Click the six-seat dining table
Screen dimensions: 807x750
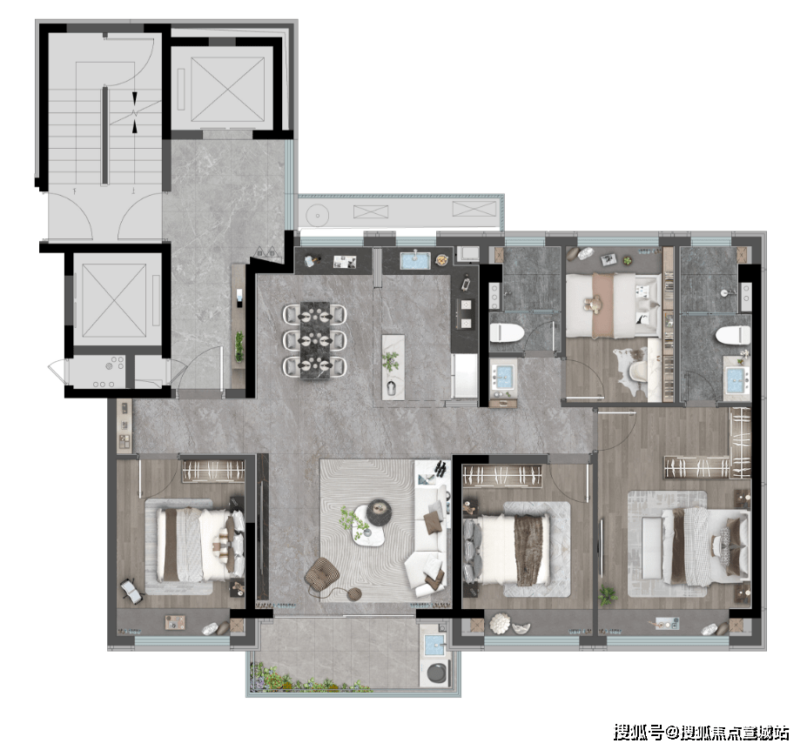[x=314, y=340]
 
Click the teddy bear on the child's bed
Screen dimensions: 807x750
[x=595, y=305]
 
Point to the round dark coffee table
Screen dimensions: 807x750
[x=379, y=512]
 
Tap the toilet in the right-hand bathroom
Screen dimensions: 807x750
[x=732, y=334]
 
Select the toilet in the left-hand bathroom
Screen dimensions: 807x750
[x=506, y=333]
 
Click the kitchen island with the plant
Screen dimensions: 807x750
[x=393, y=366]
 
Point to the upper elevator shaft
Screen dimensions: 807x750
[x=227, y=90]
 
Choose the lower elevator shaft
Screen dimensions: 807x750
[x=114, y=300]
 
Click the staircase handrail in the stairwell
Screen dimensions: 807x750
[x=105, y=136]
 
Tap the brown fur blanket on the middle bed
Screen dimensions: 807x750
[x=532, y=549]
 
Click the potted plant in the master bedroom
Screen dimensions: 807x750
[x=608, y=596]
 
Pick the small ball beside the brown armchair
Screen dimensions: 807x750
[x=353, y=593]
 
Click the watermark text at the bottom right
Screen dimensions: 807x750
[x=701, y=732]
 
